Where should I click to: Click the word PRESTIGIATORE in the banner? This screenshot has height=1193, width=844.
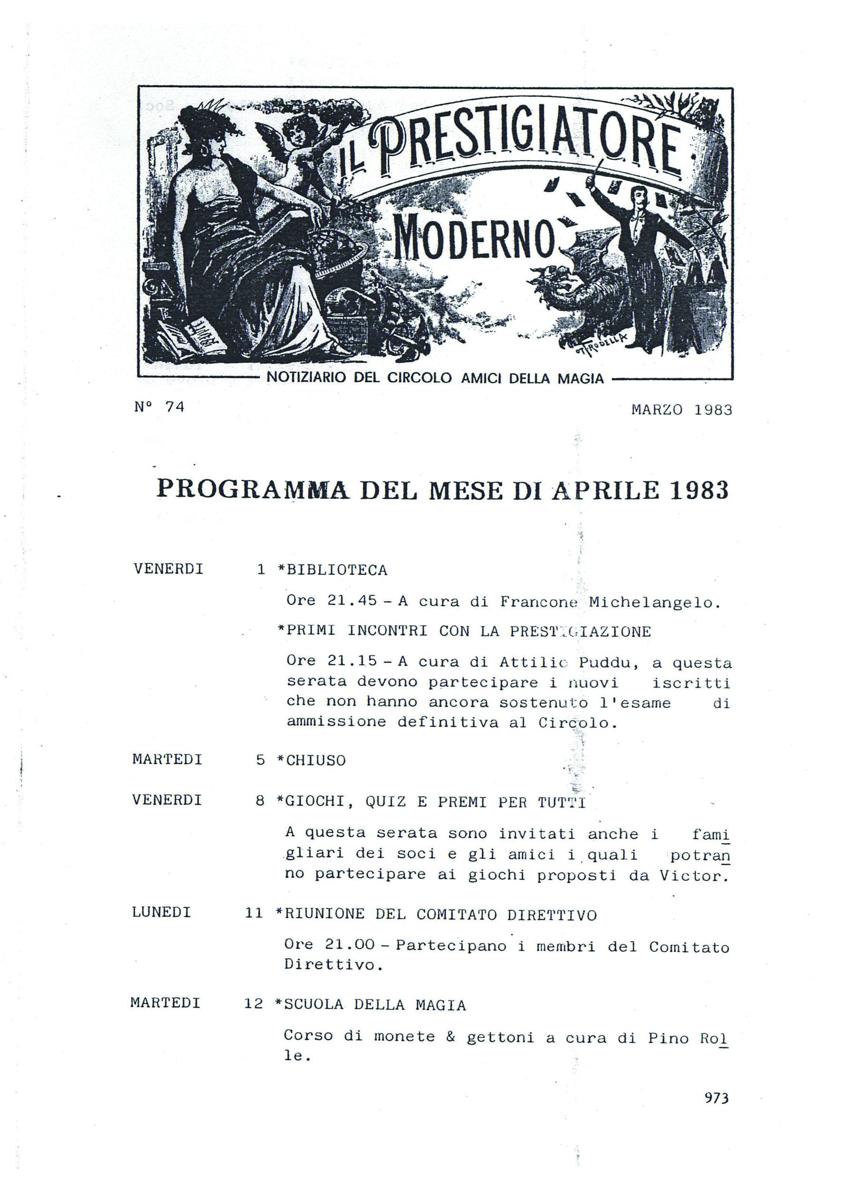tap(525, 151)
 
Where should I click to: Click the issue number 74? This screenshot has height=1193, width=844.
tap(175, 407)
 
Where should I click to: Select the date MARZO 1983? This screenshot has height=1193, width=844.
tap(681, 410)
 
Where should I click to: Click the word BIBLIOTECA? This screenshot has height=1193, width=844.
tap(337, 571)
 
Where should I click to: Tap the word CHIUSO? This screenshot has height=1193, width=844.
tap(316, 761)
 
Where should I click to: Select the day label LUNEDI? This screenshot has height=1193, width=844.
tap(162, 912)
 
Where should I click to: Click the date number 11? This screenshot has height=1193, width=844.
tap(254, 913)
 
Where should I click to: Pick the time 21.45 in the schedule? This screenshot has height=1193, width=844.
tap(352, 601)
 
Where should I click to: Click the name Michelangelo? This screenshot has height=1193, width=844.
tap(654, 602)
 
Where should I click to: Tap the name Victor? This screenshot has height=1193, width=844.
tap(691, 876)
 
